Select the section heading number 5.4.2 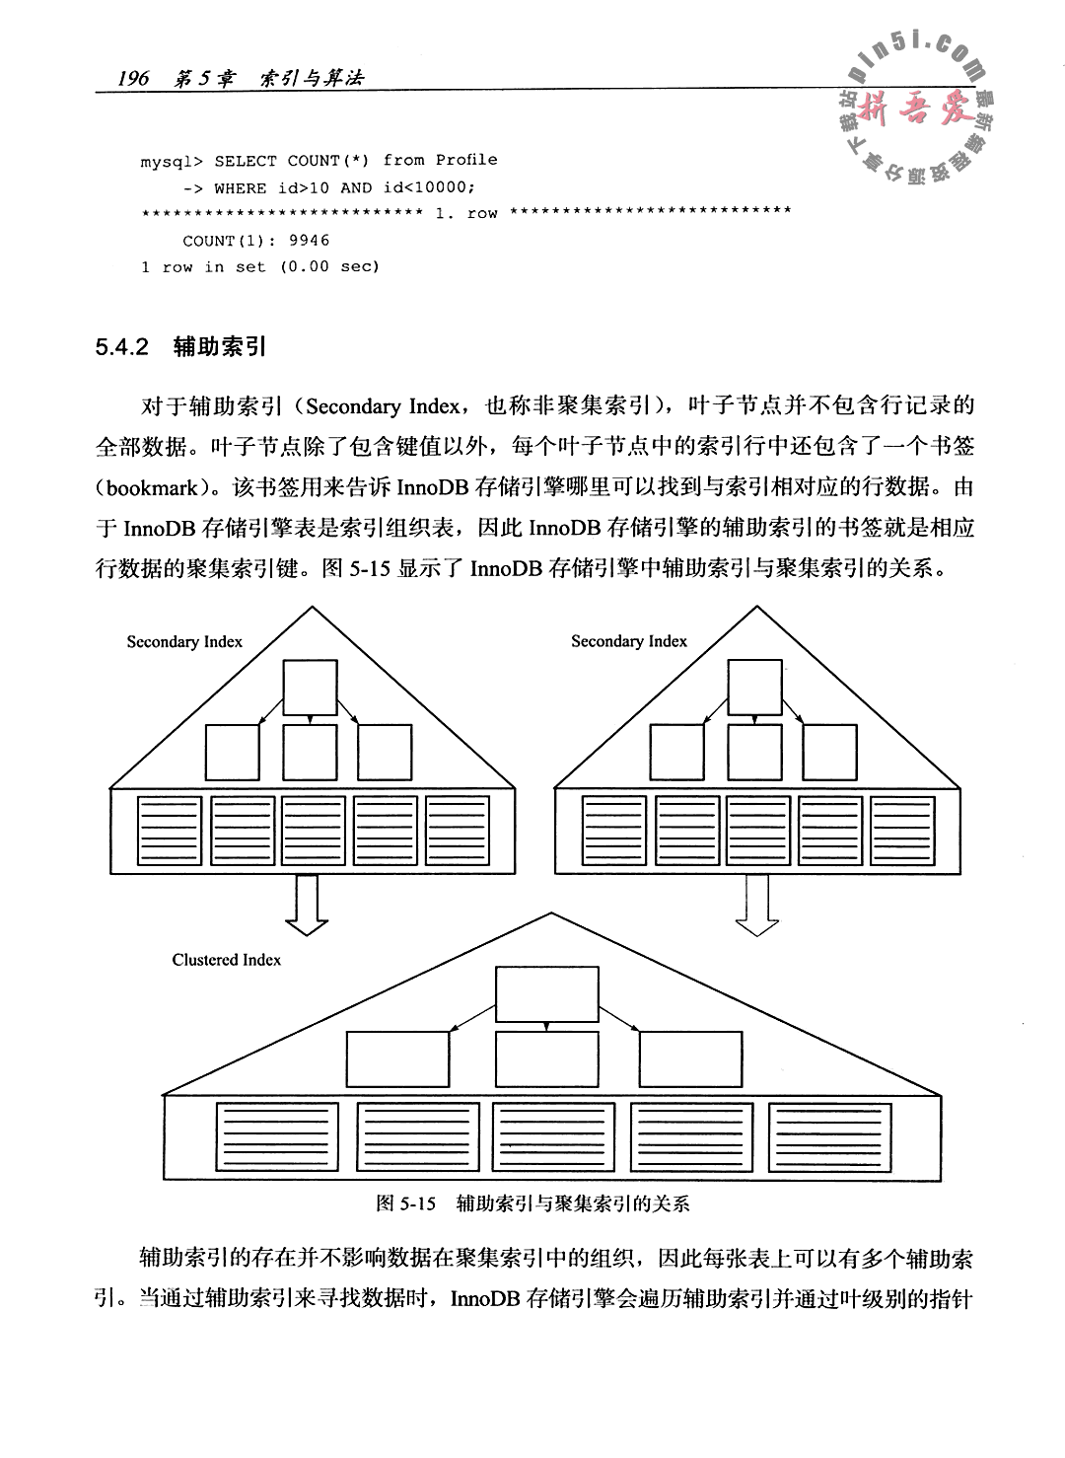click(x=121, y=347)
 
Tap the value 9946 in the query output click(x=310, y=241)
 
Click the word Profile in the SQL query click(x=466, y=160)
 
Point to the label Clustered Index click(x=226, y=960)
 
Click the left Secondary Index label click(x=184, y=642)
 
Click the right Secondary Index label click(x=629, y=641)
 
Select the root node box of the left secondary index click(x=310, y=687)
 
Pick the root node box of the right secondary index click(x=754, y=687)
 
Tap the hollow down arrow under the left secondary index click(x=307, y=904)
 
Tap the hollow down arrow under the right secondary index click(x=756, y=904)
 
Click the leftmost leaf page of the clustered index click(x=279, y=1136)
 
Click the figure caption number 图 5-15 click(x=405, y=1203)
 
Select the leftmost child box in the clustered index click(x=397, y=1058)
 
